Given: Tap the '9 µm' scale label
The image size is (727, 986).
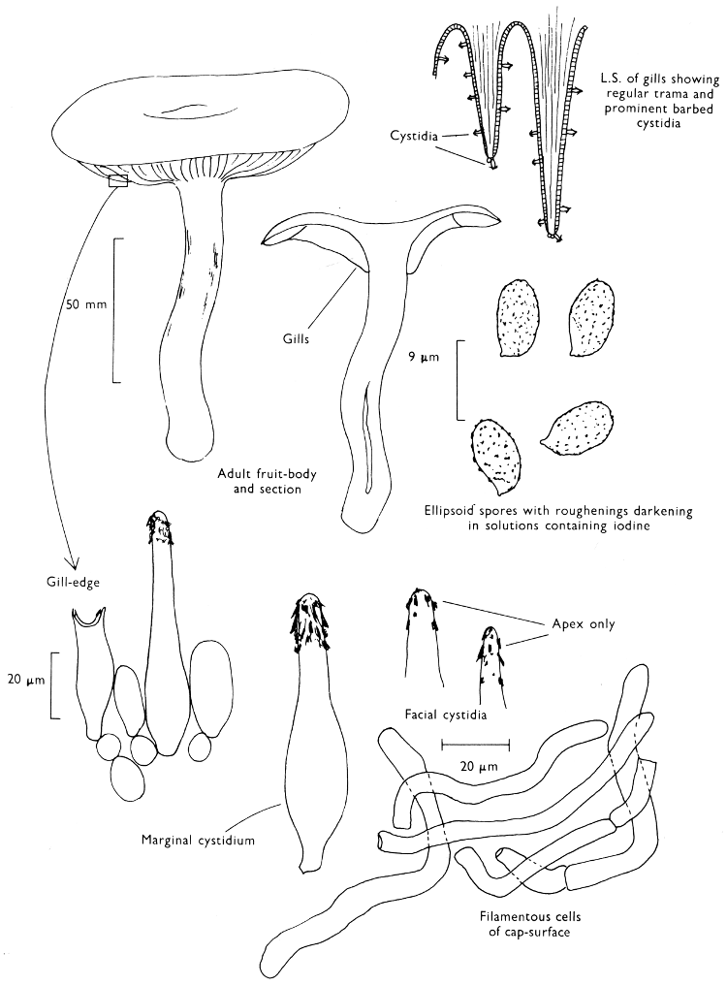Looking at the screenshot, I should pyautogui.click(x=423, y=358).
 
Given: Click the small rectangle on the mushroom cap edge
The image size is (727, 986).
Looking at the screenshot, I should pyautogui.click(x=118, y=180).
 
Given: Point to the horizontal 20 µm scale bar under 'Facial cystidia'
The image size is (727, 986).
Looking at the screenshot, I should pyautogui.click(x=476, y=744).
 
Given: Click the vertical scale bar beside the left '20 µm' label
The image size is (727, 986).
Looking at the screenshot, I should pyautogui.click(x=51, y=684).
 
